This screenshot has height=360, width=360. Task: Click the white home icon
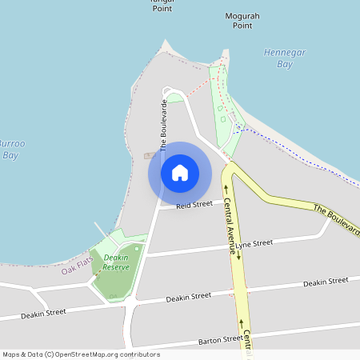(180, 173)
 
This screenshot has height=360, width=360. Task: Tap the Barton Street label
(221, 339)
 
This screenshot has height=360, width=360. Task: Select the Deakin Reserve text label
(116, 262)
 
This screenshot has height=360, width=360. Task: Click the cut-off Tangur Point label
(162, 3)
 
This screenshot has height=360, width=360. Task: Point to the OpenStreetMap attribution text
(80, 354)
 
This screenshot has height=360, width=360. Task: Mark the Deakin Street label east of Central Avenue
(326, 282)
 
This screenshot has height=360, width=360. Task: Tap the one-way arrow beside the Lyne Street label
(238, 256)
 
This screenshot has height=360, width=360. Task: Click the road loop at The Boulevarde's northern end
(172, 92)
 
